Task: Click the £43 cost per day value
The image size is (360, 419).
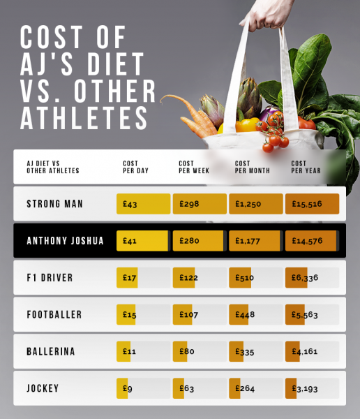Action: (x=130, y=204)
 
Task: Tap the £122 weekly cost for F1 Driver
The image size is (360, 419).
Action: (x=189, y=278)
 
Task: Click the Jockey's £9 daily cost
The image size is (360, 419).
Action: (x=128, y=388)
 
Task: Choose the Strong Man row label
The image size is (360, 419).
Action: (x=55, y=204)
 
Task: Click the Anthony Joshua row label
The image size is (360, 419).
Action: (x=65, y=241)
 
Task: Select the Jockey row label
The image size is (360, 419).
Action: (x=43, y=388)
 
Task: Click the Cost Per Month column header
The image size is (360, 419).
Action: (x=252, y=167)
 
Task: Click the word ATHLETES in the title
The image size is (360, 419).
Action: (x=84, y=116)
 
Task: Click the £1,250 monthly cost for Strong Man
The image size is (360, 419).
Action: (x=247, y=204)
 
